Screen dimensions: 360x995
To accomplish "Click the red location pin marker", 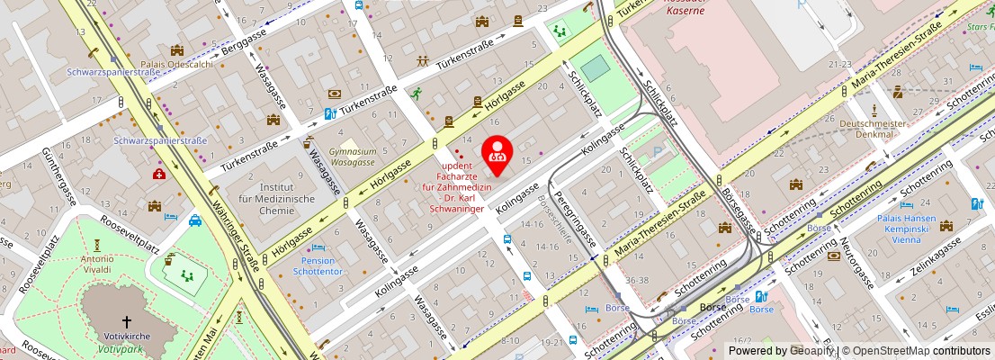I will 497,155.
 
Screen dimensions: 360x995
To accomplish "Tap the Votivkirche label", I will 127,336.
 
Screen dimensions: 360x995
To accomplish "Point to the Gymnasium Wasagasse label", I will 352,157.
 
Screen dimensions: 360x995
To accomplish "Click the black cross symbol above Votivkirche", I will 126,320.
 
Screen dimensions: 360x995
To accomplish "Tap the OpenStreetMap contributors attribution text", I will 915,351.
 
